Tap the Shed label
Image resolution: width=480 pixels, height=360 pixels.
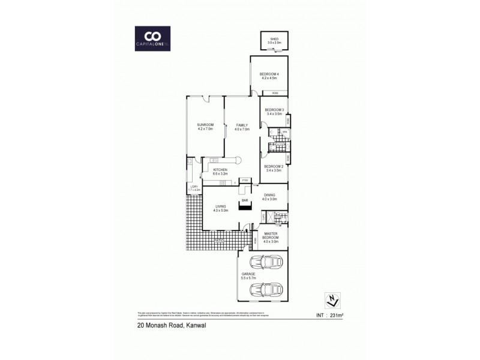(274, 40)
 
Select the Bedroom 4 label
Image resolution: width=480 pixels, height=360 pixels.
(269, 76)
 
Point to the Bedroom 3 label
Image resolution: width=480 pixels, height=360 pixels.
(274, 112)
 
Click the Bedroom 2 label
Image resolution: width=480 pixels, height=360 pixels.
(273, 169)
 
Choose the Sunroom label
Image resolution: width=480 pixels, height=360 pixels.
(205, 127)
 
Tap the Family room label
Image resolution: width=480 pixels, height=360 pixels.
(242, 127)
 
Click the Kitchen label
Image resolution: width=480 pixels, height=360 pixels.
(220, 172)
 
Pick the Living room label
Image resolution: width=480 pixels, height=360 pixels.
(221, 208)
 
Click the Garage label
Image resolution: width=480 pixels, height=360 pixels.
(248, 276)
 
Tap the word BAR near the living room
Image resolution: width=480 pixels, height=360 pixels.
(245, 200)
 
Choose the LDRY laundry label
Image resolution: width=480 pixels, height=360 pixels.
(194, 188)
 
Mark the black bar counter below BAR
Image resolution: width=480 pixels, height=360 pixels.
(245, 208)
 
